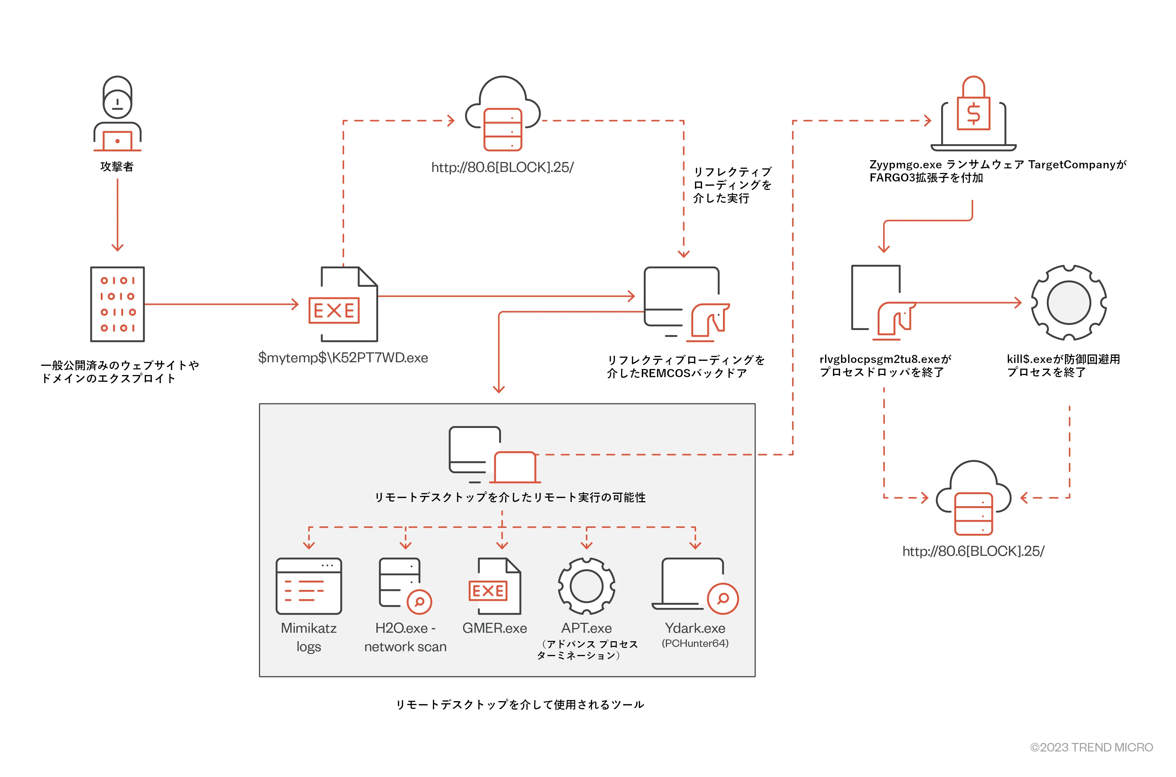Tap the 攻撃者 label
coord(117,167)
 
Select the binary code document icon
coord(117,304)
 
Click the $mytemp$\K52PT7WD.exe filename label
coord(343,358)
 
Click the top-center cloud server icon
coord(503,114)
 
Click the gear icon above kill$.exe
coord(1069,302)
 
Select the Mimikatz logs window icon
coord(309,586)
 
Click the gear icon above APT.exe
coord(586,586)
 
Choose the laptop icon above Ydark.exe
coord(694,585)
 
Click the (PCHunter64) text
coord(695,643)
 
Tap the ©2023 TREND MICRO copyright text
coord(1091,747)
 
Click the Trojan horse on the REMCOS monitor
coord(710,321)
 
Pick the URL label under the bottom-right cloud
coord(973,551)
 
